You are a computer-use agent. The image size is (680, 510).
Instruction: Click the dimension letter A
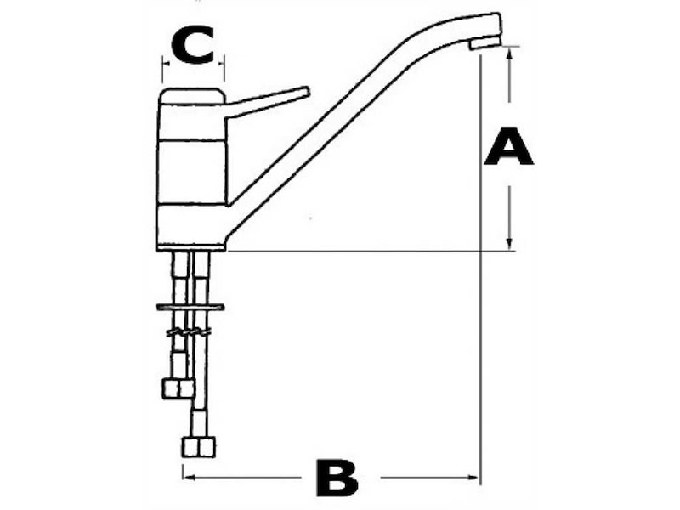[x=508, y=146]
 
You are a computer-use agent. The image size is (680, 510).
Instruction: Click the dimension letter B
[x=337, y=478]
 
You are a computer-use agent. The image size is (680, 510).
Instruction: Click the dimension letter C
[x=193, y=45]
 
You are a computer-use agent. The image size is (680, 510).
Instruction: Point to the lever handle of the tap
[x=267, y=101]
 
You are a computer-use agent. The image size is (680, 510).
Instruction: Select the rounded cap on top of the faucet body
[x=192, y=96]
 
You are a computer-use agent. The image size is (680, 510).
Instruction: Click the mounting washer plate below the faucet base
[x=190, y=308]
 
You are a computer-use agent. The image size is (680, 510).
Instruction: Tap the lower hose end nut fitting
[x=199, y=447]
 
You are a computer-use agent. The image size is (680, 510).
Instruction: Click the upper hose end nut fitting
[x=178, y=388]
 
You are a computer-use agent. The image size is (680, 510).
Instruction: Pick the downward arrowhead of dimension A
[x=510, y=244]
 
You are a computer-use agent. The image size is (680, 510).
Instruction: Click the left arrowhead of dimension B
[x=190, y=478]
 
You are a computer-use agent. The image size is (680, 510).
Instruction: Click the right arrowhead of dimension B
[x=472, y=478]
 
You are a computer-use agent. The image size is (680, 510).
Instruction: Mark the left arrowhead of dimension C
[x=166, y=63]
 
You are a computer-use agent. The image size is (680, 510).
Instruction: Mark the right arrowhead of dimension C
[x=221, y=63]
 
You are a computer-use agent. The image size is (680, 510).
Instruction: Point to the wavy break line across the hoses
[x=189, y=332]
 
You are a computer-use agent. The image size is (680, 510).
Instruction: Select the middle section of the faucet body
[x=192, y=172]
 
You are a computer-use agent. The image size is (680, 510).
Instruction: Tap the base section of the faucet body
[x=190, y=226]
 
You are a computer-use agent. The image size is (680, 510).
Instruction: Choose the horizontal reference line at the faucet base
[x=371, y=251]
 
